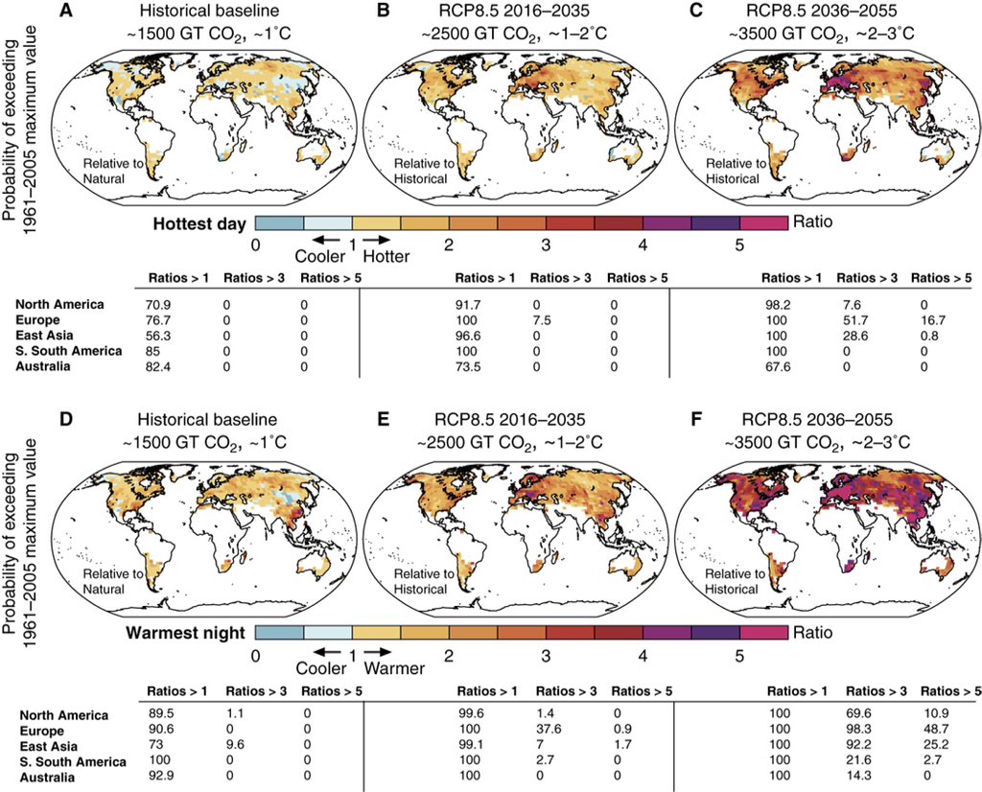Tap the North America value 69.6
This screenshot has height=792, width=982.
(852, 715)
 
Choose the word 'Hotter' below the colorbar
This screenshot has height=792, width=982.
(386, 258)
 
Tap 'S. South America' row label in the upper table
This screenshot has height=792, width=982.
(68, 351)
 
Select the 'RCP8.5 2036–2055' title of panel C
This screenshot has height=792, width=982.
(832, 12)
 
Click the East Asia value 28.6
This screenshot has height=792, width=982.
(852, 335)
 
